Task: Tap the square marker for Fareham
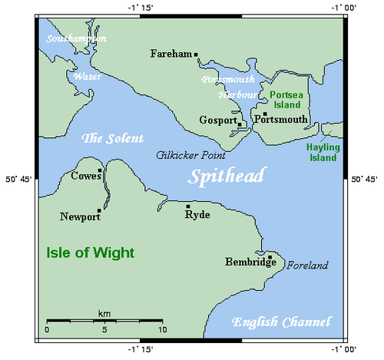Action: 197,54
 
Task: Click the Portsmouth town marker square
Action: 265,114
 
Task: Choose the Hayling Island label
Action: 322,151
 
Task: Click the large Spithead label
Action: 227,177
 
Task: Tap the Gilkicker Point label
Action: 184,154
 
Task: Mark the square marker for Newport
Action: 99,210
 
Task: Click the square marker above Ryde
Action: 188,206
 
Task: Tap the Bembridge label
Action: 250,263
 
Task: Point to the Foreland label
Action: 307,266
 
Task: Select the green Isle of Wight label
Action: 91,253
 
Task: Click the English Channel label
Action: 282,322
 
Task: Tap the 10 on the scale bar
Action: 161,329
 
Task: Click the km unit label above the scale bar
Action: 104,313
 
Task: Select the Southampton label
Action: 76,38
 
